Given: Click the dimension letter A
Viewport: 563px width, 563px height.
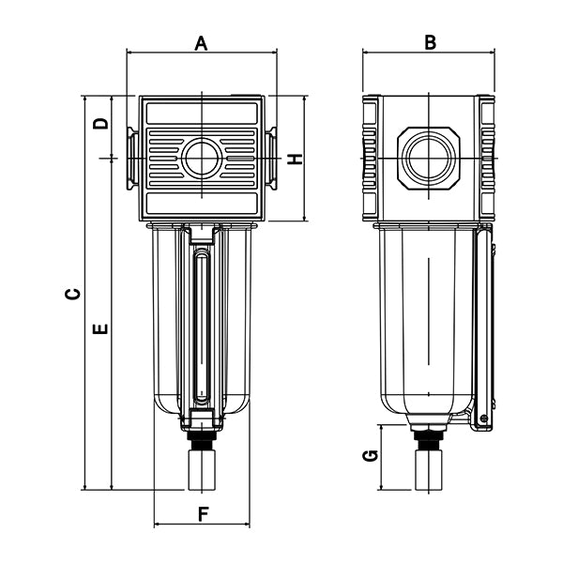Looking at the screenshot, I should [201, 41].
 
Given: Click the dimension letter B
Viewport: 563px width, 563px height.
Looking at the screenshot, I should [430, 41].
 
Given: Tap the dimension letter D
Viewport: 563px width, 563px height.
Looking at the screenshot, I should [102, 122].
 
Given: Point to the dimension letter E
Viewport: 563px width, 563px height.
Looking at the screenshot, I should [102, 328].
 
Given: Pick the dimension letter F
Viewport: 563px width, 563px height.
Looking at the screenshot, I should [202, 513].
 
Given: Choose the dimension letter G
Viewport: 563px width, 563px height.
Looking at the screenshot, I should [371, 456].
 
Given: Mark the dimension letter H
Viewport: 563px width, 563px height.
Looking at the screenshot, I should [296, 159].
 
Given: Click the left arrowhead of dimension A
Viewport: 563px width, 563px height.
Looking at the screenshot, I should [129, 53].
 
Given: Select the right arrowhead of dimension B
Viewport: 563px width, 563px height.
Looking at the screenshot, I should [491, 53].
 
